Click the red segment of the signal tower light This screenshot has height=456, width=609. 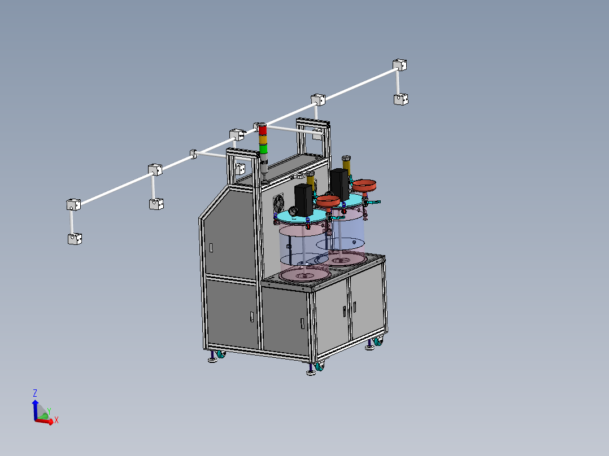(263, 130)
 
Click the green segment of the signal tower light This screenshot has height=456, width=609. (263, 149)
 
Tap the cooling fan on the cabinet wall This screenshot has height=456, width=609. (279, 204)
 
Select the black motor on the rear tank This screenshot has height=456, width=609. (339, 184)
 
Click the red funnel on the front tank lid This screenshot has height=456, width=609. (327, 200)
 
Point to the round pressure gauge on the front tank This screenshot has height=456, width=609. (293, 211)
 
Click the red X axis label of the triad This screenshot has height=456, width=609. (56, 420)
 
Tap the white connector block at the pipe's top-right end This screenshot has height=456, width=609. (400, 64)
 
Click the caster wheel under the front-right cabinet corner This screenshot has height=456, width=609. (320, 367)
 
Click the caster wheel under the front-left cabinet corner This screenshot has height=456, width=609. (219, 356)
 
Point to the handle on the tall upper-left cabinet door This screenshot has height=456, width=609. (211, 247)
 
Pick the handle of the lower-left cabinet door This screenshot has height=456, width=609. (252, 317)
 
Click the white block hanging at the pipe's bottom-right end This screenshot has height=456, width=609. (401, 99)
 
